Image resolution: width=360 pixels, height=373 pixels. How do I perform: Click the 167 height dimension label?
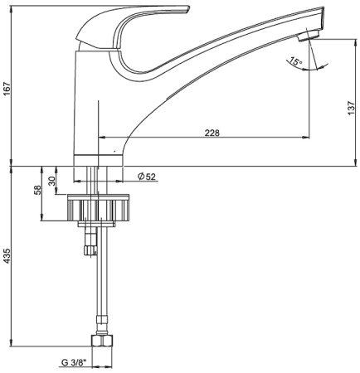tap(7, 89)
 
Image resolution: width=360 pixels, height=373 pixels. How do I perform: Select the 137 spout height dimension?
tap(351, 108)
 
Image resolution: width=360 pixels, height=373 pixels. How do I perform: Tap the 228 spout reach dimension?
tap(212, 133)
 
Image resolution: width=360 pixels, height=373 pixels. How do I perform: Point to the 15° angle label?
tap(295, 61)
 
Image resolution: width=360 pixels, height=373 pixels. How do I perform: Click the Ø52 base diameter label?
tap(147, 177)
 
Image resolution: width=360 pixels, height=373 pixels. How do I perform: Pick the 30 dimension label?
tap(51, 181)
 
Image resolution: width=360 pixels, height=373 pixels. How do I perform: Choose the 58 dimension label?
tap(37, 190)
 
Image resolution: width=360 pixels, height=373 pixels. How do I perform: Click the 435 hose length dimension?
tap(7, 255)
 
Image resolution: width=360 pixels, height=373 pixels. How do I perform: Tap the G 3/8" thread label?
tap(74, 362)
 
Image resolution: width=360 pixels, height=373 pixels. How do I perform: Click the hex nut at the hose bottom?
tap(102, 341)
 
